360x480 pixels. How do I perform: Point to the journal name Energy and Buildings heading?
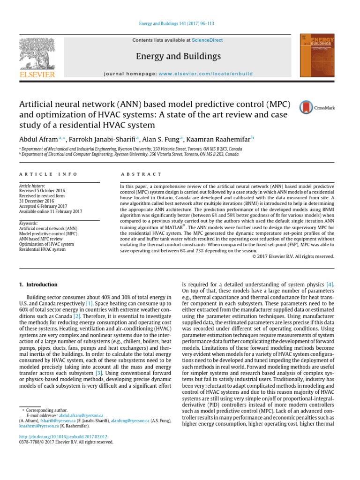178,57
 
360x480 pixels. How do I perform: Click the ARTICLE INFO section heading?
48,174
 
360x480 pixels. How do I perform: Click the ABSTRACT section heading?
141,174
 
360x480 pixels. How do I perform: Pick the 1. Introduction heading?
38,285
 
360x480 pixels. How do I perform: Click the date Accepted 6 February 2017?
43,206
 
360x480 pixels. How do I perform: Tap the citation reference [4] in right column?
330,285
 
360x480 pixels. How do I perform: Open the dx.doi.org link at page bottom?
63,435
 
